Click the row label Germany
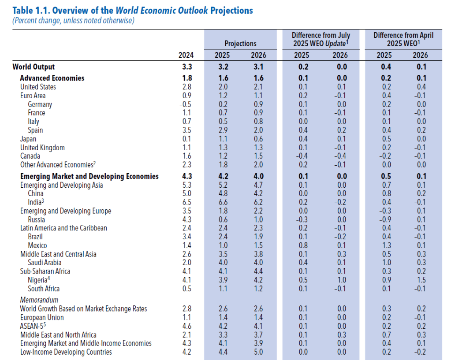[40, 104]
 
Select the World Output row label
[33, 67]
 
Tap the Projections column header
[240, 44]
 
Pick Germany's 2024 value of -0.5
[185, 104]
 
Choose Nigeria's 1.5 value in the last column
[420, 280]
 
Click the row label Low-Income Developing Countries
[66, 352]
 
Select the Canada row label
[30, 156]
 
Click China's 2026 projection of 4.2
[258, 193]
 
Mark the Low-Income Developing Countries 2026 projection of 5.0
[258, 352]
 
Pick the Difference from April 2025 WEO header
[403, 39]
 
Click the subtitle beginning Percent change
[73, 20]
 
